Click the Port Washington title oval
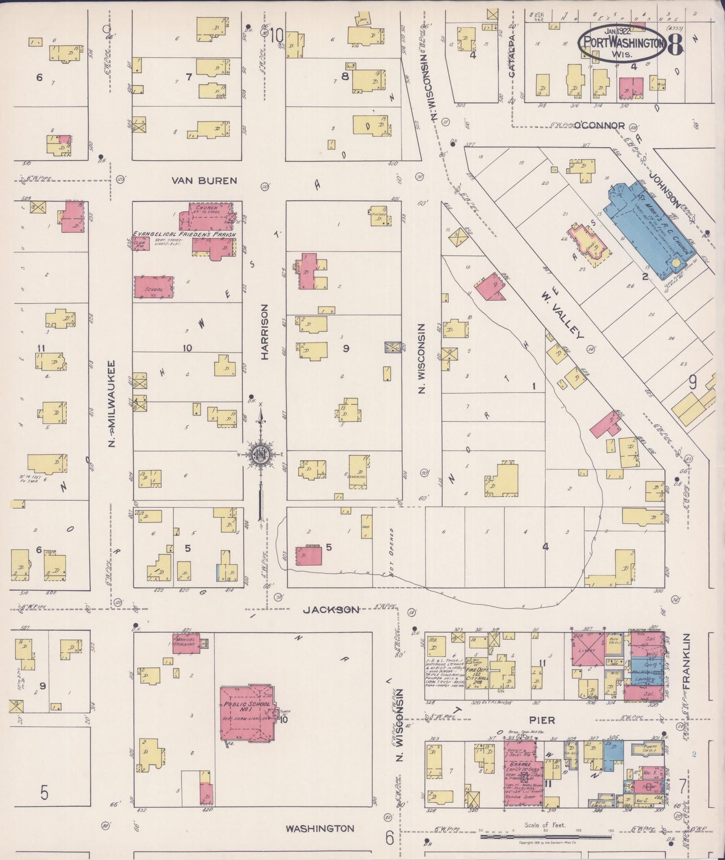click(623, 42)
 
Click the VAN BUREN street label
click(204, 180)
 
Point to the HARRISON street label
click(265, 332)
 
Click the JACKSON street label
click(331, 610)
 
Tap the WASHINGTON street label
click(320, 828)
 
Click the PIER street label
click(542, 720)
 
